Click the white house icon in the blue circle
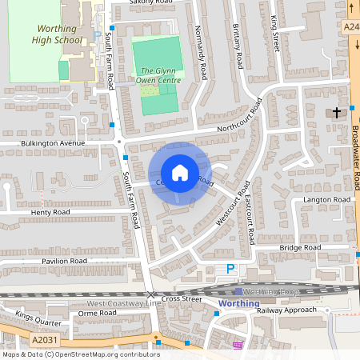(180, 172)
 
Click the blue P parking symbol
(231, 270)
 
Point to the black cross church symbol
(338, 112)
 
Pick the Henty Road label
(50, 212)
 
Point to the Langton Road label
(326, 199)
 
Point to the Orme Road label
(98, 314)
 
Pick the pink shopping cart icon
(238, 346)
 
